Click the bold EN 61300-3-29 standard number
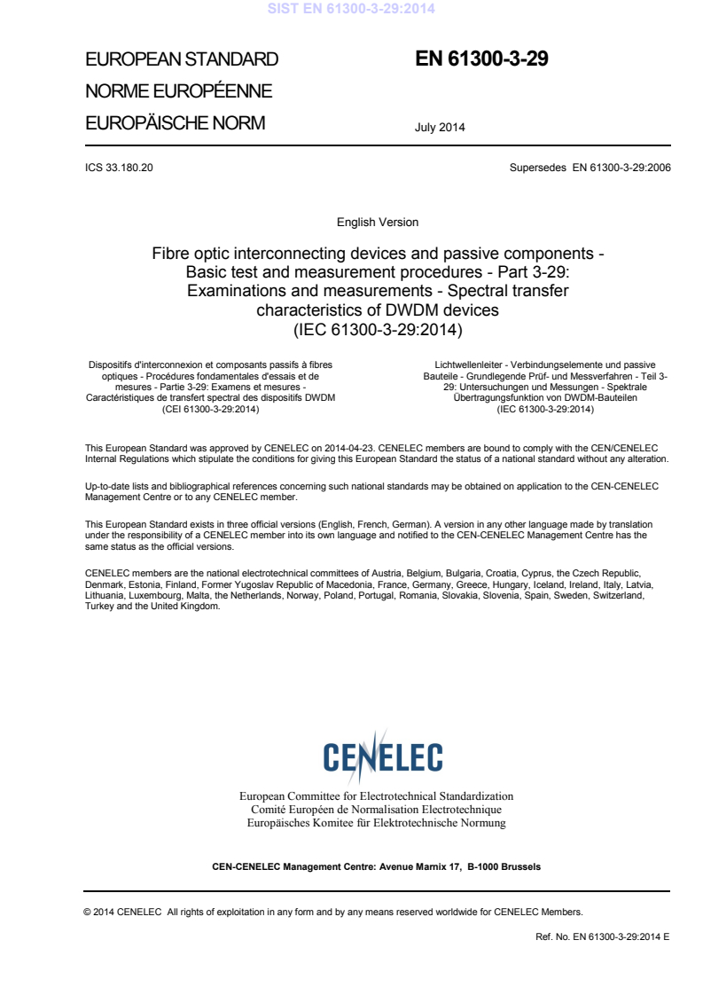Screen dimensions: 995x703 [482, 59]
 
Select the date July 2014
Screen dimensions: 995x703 [440, 127]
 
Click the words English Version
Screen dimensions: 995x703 [378, 222]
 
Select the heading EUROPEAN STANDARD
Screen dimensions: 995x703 [182, 60]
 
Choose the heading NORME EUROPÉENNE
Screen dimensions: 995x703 [178, 91]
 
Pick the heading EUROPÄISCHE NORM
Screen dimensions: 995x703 [175, 123]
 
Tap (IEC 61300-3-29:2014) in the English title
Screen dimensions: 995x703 [378, 329]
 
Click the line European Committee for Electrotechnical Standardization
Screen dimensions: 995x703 [377, 796]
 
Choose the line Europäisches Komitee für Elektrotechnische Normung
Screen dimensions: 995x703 [377, 823]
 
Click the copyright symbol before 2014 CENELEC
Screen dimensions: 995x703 [87, 911]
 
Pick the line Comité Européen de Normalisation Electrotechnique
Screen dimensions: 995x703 [377, 810]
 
